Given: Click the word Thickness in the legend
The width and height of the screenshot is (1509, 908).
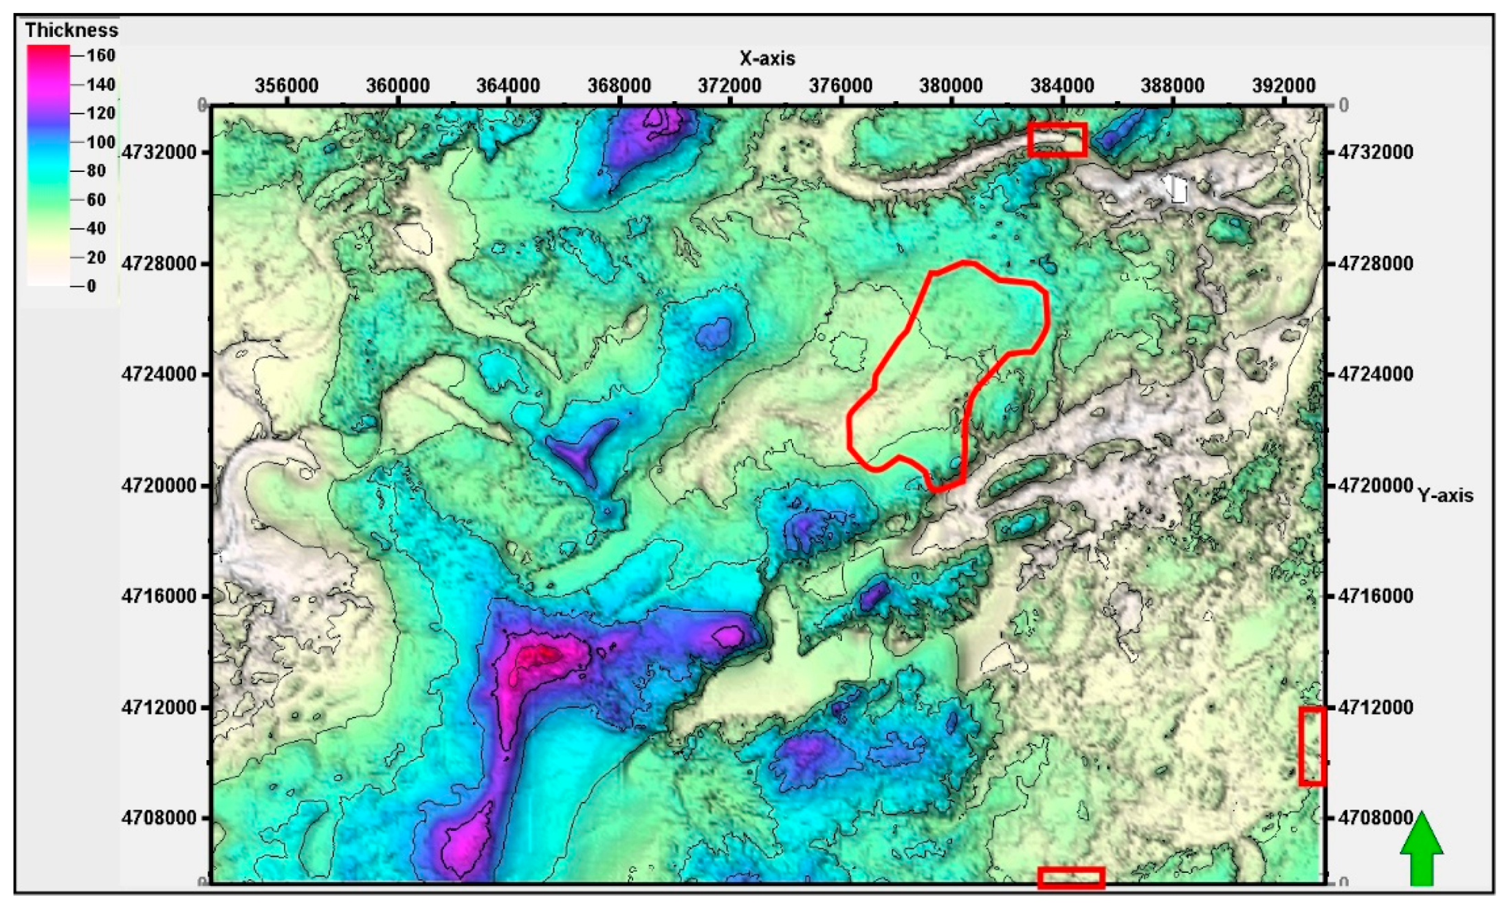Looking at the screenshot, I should click(x=71, y=30).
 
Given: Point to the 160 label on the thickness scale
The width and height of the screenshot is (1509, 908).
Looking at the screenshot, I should click(x=100, y=55).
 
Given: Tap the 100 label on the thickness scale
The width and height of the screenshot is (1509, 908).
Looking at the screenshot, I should click(x=100, y=142).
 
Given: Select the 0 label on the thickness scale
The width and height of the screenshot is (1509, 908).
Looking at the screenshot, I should click(x=91, y=286).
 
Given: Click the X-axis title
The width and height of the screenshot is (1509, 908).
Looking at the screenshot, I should click(x=767, y=58).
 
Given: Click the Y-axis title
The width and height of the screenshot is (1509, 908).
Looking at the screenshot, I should click(x=1446, y=495).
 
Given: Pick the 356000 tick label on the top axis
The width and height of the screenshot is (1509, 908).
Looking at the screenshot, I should click(x=287, y=86).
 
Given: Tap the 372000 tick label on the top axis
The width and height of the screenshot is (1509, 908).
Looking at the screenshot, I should click(x=729, y=86).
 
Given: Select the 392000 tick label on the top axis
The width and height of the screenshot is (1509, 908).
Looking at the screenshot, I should click(x=1284, y=86).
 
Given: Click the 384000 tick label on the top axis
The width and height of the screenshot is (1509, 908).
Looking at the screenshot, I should click(x=1062, y=86).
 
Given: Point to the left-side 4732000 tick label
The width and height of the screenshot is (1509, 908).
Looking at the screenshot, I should click(x=159, y=152).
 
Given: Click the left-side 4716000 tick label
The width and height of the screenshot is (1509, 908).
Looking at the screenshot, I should click(x=159, y=596).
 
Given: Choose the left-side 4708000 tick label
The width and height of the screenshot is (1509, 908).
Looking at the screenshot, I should click(x=159, y=818).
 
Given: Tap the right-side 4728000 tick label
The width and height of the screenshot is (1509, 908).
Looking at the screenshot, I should click(x=1376, y=263).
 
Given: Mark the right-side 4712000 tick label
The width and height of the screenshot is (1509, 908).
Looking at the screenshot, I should click(x=1376, y=707).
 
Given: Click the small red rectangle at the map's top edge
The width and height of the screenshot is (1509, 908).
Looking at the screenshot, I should click(x=1057, y=140).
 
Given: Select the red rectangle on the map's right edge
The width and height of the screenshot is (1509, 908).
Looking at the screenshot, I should click(x=1312, y=746).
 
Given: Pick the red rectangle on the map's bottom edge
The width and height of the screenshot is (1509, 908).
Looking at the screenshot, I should click(x=1071, y=878).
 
